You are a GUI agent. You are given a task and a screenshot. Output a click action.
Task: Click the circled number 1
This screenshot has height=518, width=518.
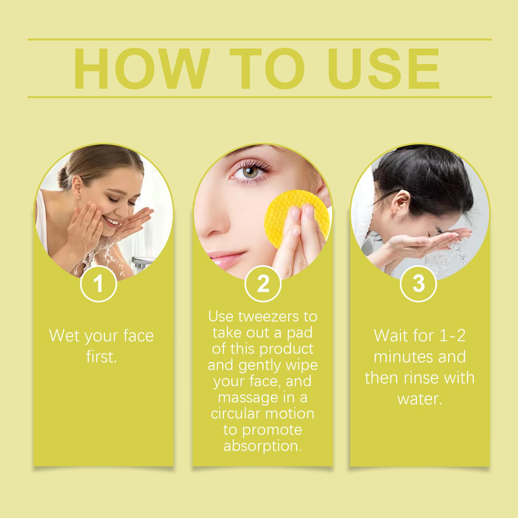pyautogui.click(x=98, y=283)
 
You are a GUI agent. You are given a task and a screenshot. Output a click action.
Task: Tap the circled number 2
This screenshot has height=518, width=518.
pyautogui.click(x=263, y=283)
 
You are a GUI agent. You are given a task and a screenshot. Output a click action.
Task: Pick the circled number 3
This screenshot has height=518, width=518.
pyautogui.click(x=418, y=283)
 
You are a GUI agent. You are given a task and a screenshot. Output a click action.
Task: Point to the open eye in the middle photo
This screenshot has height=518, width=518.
pyautogui.click(x=249, y=172)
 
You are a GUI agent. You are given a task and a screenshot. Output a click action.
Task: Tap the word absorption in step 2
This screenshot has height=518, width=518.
pyautogui.click(x=263, y=446)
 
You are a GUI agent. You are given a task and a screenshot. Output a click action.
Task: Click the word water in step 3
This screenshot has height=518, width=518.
pyautogui.click(x=420, y=399)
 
